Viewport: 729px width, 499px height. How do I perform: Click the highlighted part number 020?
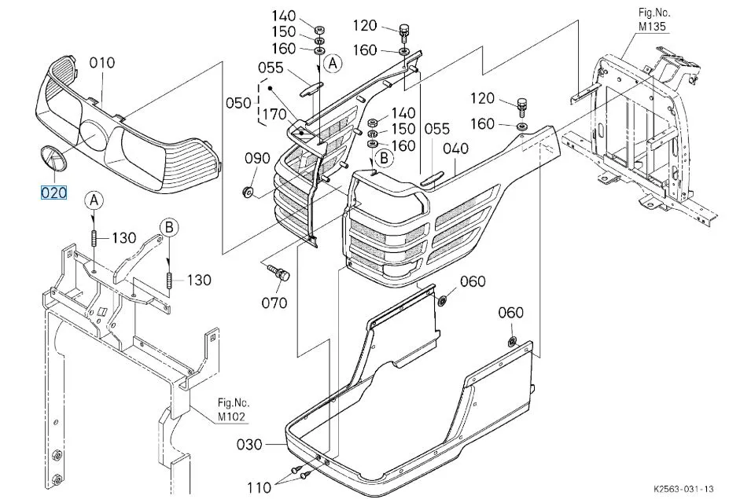pos(54,193)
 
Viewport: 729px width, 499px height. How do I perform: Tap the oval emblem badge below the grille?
pos(53,159)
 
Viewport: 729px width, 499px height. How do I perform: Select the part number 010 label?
pos(101,63)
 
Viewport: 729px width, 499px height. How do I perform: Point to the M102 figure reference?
pos(231,416)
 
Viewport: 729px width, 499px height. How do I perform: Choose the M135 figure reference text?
pos(652,26)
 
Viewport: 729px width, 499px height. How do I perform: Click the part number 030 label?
pos(249,445)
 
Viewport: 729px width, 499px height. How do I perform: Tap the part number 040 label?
pos(455,149)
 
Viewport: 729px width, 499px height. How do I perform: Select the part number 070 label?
pos(274,303)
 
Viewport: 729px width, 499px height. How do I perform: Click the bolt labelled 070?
pos(278,273)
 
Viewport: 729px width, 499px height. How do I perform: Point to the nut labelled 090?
pos(248,191)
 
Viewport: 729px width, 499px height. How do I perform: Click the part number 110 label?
pos(259,487)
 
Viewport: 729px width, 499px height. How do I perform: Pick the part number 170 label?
pos(275,114)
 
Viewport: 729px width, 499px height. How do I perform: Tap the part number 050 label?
pos(238,103)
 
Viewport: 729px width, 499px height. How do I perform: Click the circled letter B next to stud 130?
pos(169,228)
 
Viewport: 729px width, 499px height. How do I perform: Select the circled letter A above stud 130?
pos(94,200)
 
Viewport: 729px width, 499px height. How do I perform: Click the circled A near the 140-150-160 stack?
pos(333,63)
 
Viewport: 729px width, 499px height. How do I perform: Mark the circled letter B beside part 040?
pos(384,159)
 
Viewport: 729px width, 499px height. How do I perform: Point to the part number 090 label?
pos(257,159)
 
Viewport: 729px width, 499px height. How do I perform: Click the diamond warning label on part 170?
pos(304,134)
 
